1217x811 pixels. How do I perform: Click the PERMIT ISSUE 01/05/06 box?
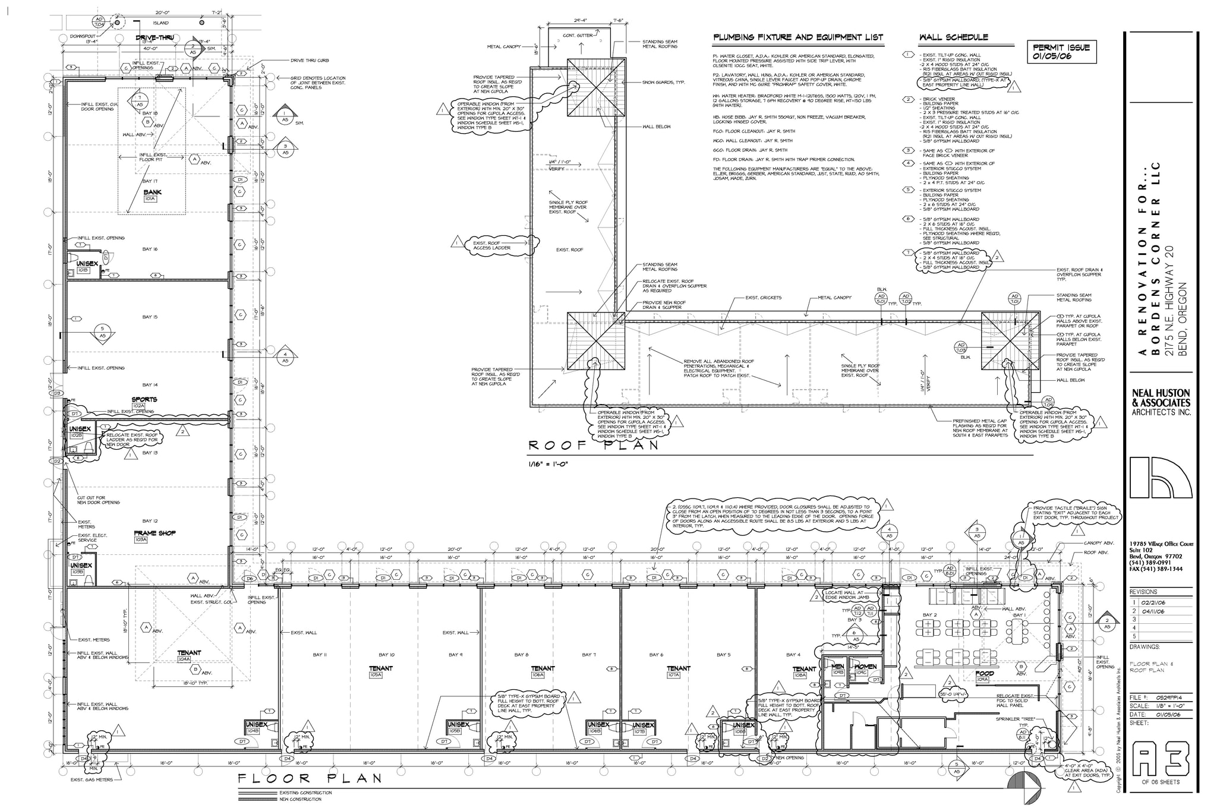click(1061, 52)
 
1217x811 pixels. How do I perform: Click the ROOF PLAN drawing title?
click(594, 445)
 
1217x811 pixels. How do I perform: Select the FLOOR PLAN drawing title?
click(309, 778)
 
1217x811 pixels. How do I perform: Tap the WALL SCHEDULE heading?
click(953, 37)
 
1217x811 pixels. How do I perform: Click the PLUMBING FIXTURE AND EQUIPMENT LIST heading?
click(797, 37)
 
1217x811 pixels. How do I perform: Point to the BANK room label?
click(152, 193)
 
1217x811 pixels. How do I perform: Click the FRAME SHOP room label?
click(155, 533)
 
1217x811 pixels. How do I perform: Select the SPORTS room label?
click(144, 399)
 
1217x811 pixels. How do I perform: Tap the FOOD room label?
click(984, 673)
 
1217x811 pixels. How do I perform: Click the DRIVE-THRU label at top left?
click(154, 37)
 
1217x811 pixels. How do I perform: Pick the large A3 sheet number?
click(1161, 758)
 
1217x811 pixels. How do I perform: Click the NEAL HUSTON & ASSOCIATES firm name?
click(1161, 398)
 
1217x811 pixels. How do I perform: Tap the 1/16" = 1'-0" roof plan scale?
click(548, 464)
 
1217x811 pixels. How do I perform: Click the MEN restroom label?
click(837, 667)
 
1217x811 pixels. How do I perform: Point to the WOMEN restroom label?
click(865, 667)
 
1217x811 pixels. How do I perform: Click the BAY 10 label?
click(387, 655)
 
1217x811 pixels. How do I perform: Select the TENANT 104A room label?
click(188, 652)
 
